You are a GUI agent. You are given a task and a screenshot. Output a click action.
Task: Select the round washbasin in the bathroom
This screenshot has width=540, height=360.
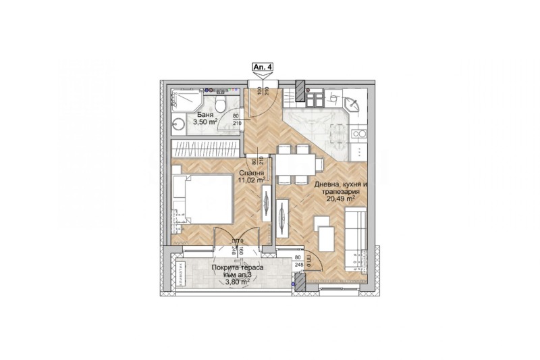coord(178,124)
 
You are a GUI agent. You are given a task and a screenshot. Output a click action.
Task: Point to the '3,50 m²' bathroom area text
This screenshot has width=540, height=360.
coord(206,122)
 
